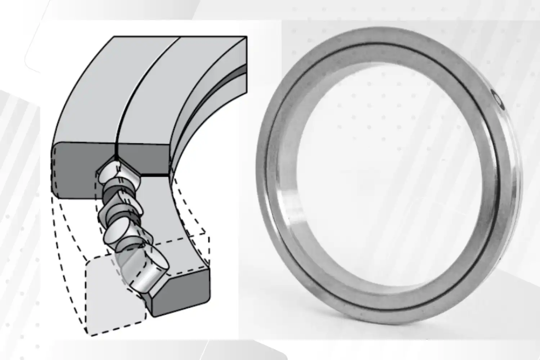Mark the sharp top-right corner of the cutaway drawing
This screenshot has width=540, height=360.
[247, 36]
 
